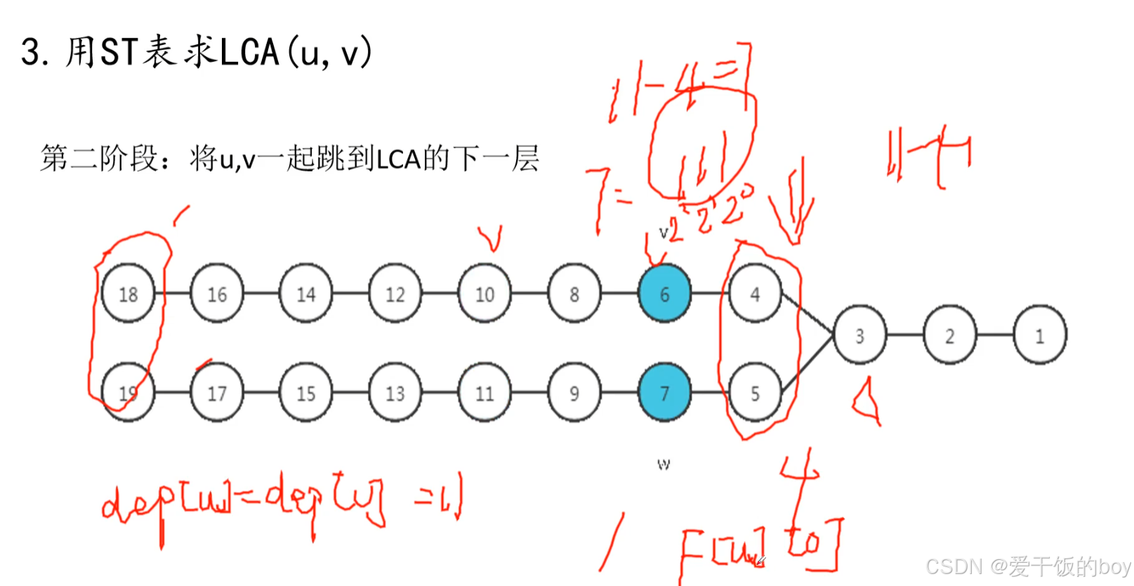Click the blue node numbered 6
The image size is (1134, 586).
(664, 294)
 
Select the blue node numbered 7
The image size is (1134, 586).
(664, 393)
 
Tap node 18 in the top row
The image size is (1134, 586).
(128, 294)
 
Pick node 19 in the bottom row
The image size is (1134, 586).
(128, 393)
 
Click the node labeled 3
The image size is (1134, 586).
(859, 336)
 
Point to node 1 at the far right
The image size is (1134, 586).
(1040, 336)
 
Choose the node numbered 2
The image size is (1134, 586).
(949, 336)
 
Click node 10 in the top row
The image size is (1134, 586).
(484, 294)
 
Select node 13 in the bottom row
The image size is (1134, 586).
(395, 393)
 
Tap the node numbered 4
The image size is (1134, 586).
(755, 294)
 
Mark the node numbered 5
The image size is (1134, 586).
(755, 393)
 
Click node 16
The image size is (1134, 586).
(217, 294)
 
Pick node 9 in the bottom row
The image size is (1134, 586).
(574, 393)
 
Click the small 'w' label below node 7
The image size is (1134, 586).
(664, 464)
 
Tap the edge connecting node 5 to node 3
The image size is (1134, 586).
(807, 363)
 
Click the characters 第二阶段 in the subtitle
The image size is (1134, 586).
(99, 159)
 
